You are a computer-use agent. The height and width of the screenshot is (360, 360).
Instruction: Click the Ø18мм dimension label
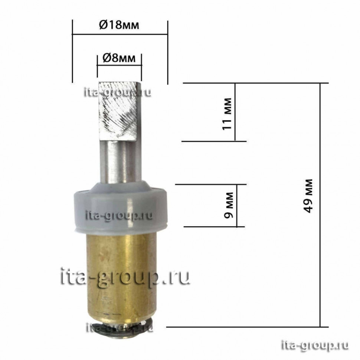pos(120,26)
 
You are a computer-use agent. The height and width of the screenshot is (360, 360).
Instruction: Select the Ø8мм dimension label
pos(119,58)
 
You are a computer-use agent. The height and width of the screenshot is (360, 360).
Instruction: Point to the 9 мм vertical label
pos(229,205)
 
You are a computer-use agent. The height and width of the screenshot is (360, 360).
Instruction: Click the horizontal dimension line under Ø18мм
pos(120,35)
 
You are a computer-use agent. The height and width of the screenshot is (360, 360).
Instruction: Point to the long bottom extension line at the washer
pos(245,327)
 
